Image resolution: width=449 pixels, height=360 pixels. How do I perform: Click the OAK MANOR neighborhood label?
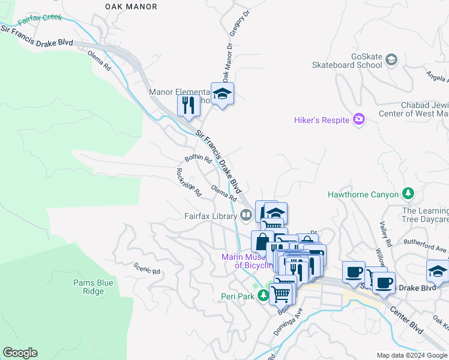[131, 7]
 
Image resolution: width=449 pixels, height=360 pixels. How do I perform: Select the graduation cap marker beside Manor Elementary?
[222, 94]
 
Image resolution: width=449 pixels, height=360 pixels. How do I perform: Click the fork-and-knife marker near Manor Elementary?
[188, 106]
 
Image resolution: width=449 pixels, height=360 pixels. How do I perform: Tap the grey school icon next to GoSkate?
[391, 59]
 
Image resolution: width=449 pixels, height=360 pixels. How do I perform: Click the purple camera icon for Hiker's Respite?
[359, 120]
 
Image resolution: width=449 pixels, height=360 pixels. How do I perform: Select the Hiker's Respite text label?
[322, 121]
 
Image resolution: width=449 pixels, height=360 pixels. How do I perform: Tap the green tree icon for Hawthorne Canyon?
[408, 194]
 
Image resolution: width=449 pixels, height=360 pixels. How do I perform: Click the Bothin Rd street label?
[198, 159]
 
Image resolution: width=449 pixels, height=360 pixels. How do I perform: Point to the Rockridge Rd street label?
[188, 182]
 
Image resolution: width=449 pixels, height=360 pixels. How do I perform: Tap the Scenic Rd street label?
[147, 268]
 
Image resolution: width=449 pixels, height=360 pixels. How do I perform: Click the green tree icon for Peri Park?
[263, 296]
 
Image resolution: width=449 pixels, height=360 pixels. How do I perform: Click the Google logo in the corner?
[20, 353]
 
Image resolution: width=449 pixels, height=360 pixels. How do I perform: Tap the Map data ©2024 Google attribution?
[412, 355]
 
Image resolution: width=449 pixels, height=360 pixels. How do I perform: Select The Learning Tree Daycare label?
[426, 215]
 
